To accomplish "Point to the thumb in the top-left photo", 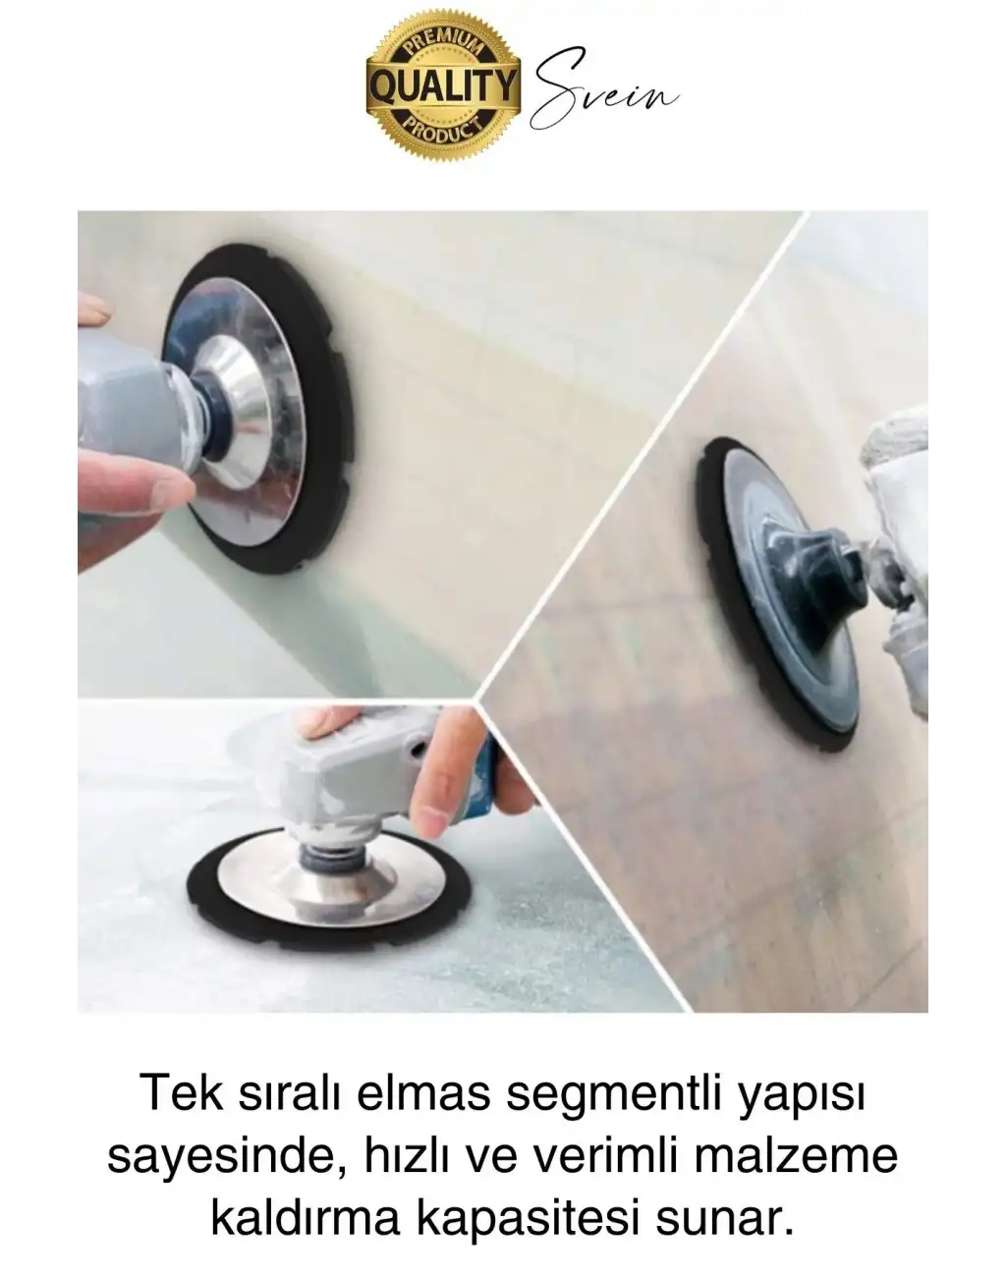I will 133,486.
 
